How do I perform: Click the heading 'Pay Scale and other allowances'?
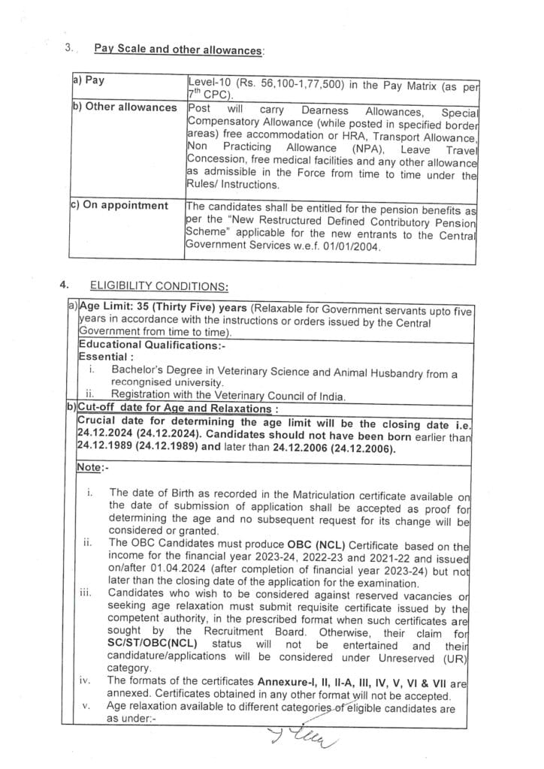pyautogui.click(x=179, y=50)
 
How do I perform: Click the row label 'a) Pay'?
pyautogui.click(x=89, y=80)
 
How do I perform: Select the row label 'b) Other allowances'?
pyautogui.click(x=124, y=107)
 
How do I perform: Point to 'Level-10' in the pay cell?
pyautogui.click(x=208, y=80)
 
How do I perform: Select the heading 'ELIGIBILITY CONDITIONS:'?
pyautogui.click(x=159, y=285)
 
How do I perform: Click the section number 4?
pyautogui.click(x=66, y=285)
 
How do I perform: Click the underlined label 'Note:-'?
pyautogui.click(x=92, y=467)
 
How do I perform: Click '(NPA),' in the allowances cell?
pyautogui.click(x=368, y=148)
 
